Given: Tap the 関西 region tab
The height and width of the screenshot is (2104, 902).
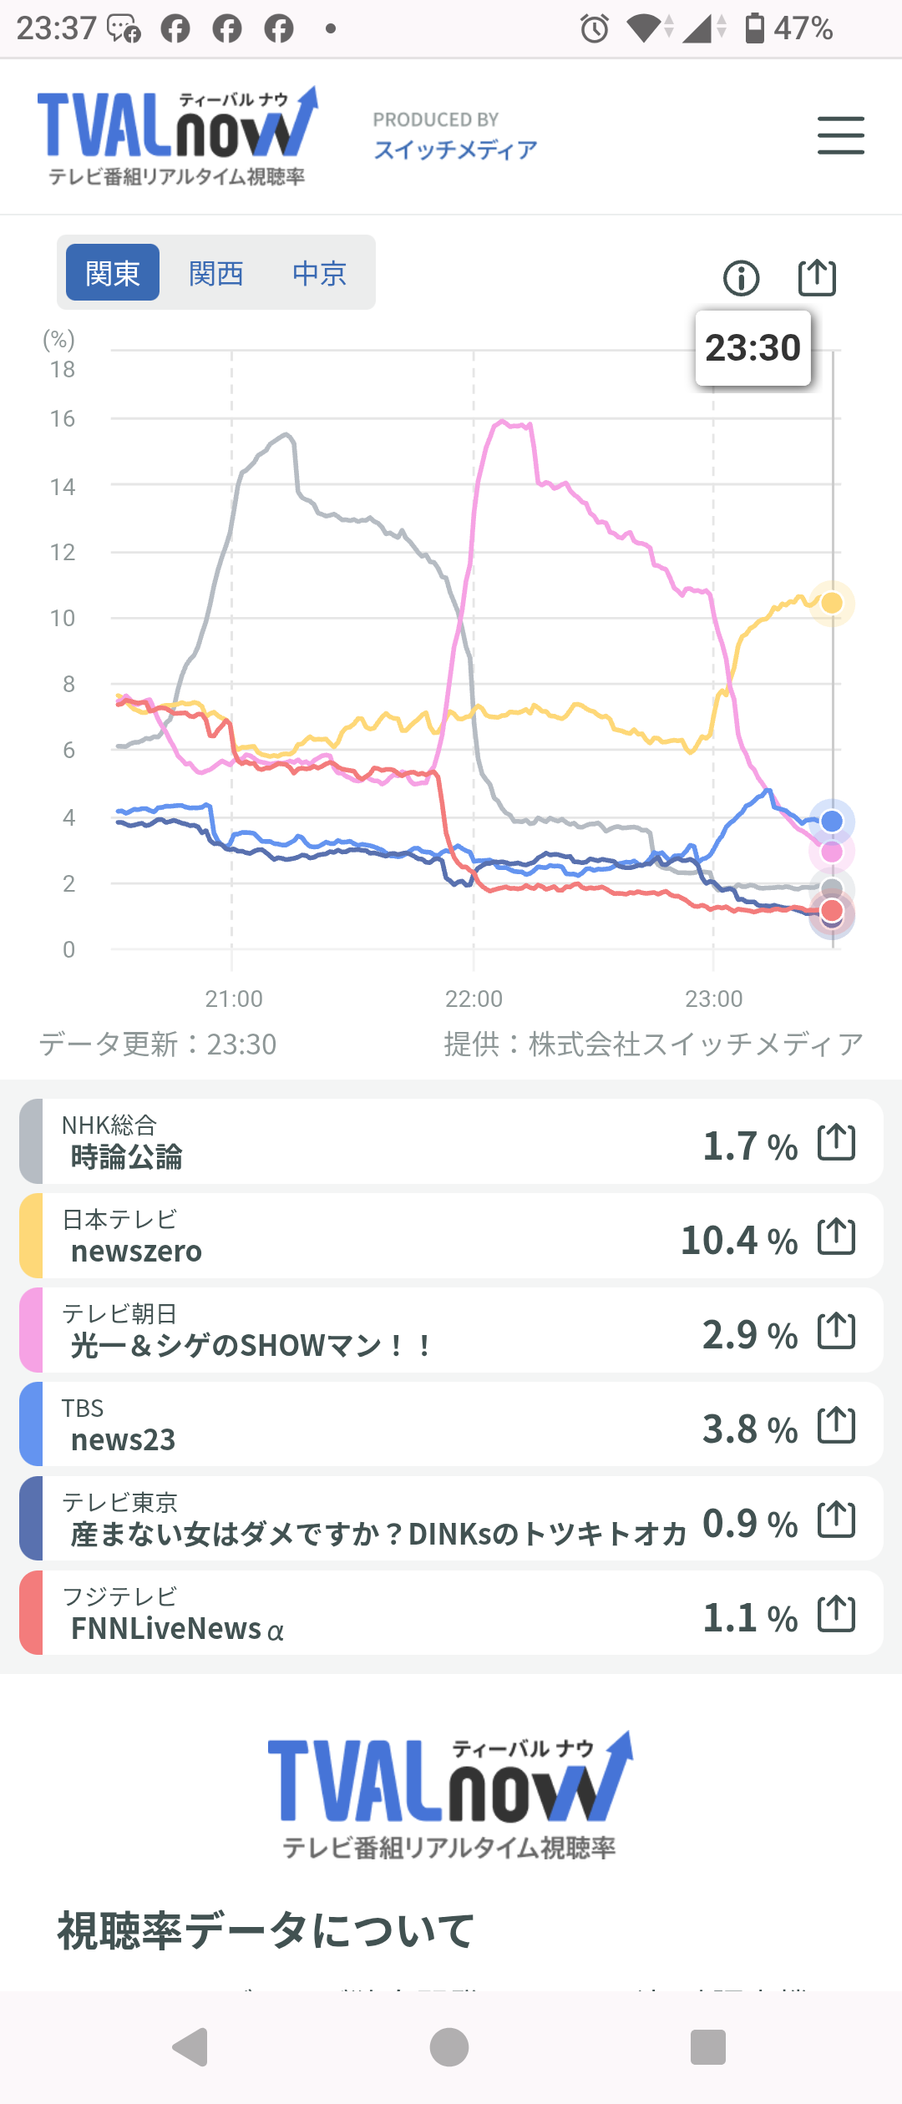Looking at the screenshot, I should pos(216,273).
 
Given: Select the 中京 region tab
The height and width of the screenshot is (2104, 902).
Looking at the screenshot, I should pos(319,273).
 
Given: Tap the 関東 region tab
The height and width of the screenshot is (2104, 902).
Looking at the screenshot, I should pos(113,273).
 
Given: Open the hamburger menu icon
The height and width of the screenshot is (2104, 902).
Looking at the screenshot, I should pos(840,135).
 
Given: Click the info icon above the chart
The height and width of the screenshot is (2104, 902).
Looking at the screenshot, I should pos(742,278).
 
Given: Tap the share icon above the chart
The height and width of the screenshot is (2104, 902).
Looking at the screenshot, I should pos(817,277).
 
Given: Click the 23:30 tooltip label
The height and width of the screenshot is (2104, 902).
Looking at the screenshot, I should pos(753,348).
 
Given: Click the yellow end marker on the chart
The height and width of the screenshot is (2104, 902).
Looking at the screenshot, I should pos(832,603).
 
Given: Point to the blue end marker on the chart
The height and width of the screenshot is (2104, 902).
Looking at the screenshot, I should pos(832,822).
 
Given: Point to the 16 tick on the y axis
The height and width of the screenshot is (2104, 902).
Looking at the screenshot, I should pos(63,419).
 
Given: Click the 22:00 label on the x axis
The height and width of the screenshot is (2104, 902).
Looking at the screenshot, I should pos(474,999).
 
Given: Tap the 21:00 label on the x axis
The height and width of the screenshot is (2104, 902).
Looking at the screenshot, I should pos(234,999).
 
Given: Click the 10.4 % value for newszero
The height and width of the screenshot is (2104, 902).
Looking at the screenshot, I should pos(738,1241).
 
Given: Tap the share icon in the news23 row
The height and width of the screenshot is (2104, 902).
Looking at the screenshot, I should pos(836,1425).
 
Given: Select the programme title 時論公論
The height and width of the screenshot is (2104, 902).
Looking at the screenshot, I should pos(126,1157).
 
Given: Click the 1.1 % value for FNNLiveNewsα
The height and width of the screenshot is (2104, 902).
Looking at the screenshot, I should pos(749,1618).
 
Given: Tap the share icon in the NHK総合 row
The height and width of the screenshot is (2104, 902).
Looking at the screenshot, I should pos(836,1142).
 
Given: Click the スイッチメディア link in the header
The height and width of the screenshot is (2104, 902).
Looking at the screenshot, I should pos(455,150).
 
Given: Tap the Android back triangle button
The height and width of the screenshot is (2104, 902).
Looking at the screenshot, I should pos(191,2046).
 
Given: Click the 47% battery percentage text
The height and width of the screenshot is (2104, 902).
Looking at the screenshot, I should pos(803,29).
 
